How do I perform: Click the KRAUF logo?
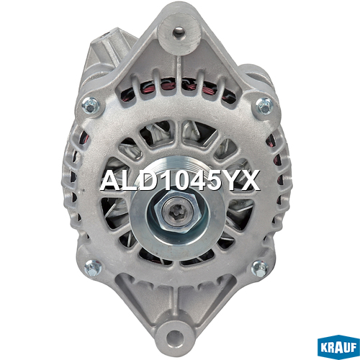coord(338,347)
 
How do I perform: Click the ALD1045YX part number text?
coord(180,180)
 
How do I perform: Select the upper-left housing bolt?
coord(91,106)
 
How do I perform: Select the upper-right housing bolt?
coord(264,106)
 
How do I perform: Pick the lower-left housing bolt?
coord(93,268)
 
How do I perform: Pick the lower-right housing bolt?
coord(260,269)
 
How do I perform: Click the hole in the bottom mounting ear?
coord(174,337)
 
